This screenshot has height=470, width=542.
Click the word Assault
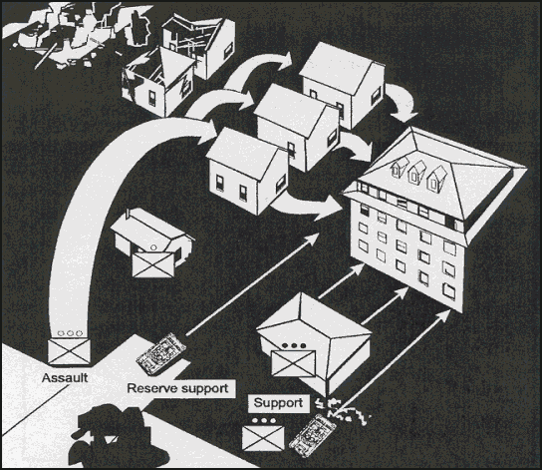pyautogui.click(x=65, y=377)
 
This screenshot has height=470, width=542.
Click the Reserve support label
pyautogui.click(x=178, y=388)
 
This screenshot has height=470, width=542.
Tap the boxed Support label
pyautogui.click(x=279, y=403)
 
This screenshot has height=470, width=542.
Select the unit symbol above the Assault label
pyautogui.click(x=69, y=351)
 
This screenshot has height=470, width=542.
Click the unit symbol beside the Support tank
pyautogui.click(x=263, y=438)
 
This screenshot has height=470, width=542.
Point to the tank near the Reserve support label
pyautogui.click(x=160, y=354)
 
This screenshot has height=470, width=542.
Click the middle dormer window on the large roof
pyautogui.click(x=415, y=174)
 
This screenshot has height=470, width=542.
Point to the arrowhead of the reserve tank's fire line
pyautogui.click(x=313, y=238)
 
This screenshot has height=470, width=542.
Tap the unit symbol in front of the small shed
pyautogui.click(x=152, y=264)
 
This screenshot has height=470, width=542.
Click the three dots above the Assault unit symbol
pyautogui.click(x=70, y=333)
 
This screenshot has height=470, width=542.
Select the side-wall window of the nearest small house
pyautogui.click(x=281, y=185)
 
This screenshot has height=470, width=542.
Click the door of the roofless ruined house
pyautogui.click(x=152, y=99)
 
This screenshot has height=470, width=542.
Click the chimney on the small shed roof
pyautogui.click(x=129, y=213)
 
